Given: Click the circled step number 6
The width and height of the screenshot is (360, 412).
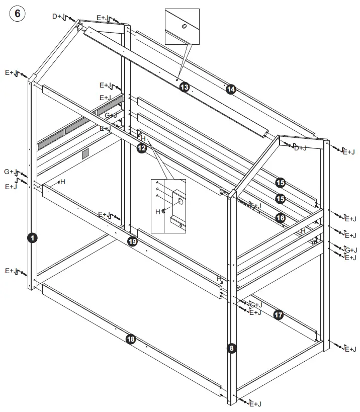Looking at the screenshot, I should click(x=17, y=14).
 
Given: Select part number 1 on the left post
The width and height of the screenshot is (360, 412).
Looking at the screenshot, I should click(x=32, y=238).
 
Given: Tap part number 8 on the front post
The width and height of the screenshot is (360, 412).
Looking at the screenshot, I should click(x=231, y=348).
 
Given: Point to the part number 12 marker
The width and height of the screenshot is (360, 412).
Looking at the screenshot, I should click(x=142, y=148).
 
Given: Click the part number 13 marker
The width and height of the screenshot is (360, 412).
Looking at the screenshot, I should click(x=185, y=88).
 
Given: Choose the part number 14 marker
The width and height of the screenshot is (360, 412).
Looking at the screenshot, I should click(x=231, y=89).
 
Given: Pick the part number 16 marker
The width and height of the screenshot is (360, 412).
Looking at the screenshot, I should click(x=281, y=218).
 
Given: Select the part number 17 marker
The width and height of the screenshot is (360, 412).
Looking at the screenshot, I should click(x=279, y=315).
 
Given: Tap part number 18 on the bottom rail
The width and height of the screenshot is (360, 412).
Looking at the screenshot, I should click(x=131, y=340).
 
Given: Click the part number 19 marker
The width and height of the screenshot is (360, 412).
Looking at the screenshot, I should click(x=132, y=241).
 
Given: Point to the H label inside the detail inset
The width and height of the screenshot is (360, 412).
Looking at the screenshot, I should click(x=158, y=212).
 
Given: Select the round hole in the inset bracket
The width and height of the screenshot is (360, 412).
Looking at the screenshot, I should click(x=179, y=201).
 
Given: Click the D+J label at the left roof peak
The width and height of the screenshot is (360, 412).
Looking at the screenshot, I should click(x=57, y=16).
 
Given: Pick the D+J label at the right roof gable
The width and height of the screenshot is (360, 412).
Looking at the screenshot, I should click(x=300, y=147).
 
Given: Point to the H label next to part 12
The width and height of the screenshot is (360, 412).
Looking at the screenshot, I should click(x=143, y=138).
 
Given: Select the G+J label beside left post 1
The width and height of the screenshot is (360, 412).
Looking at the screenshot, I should click(x=10, y=172).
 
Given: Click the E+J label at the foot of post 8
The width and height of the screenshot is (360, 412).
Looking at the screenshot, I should click(x=255, y=403).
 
